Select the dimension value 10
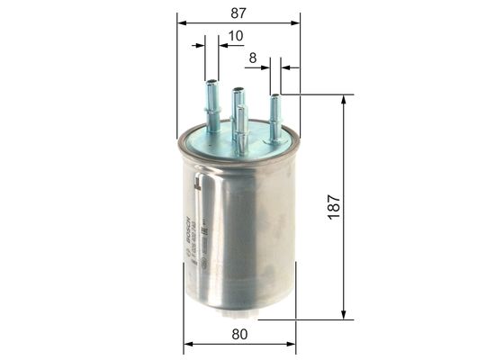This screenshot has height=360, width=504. click(x=235, y=36)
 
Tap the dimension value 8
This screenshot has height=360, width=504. click(x=253, y=58)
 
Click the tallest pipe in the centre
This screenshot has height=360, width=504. click(x=239, y=103)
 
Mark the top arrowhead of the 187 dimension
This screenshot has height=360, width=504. click(x=342, y=99)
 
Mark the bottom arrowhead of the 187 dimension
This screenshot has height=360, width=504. click(x=342, y=314)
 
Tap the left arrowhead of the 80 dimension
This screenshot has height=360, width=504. click(x=187, y=344)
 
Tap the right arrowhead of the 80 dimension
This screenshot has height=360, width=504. click(x=292, y=344)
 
